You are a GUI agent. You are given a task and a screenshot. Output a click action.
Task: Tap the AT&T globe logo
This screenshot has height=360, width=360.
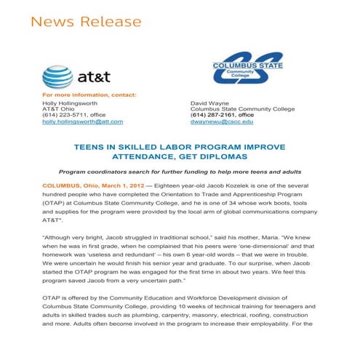[57, 77]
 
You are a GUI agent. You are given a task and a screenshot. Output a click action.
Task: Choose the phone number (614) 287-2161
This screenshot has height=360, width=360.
[212, 115]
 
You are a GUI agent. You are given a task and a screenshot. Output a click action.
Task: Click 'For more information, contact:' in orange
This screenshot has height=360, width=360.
[89, 95]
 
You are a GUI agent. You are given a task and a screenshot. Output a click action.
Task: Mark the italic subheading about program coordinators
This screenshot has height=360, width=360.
[180, 172]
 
